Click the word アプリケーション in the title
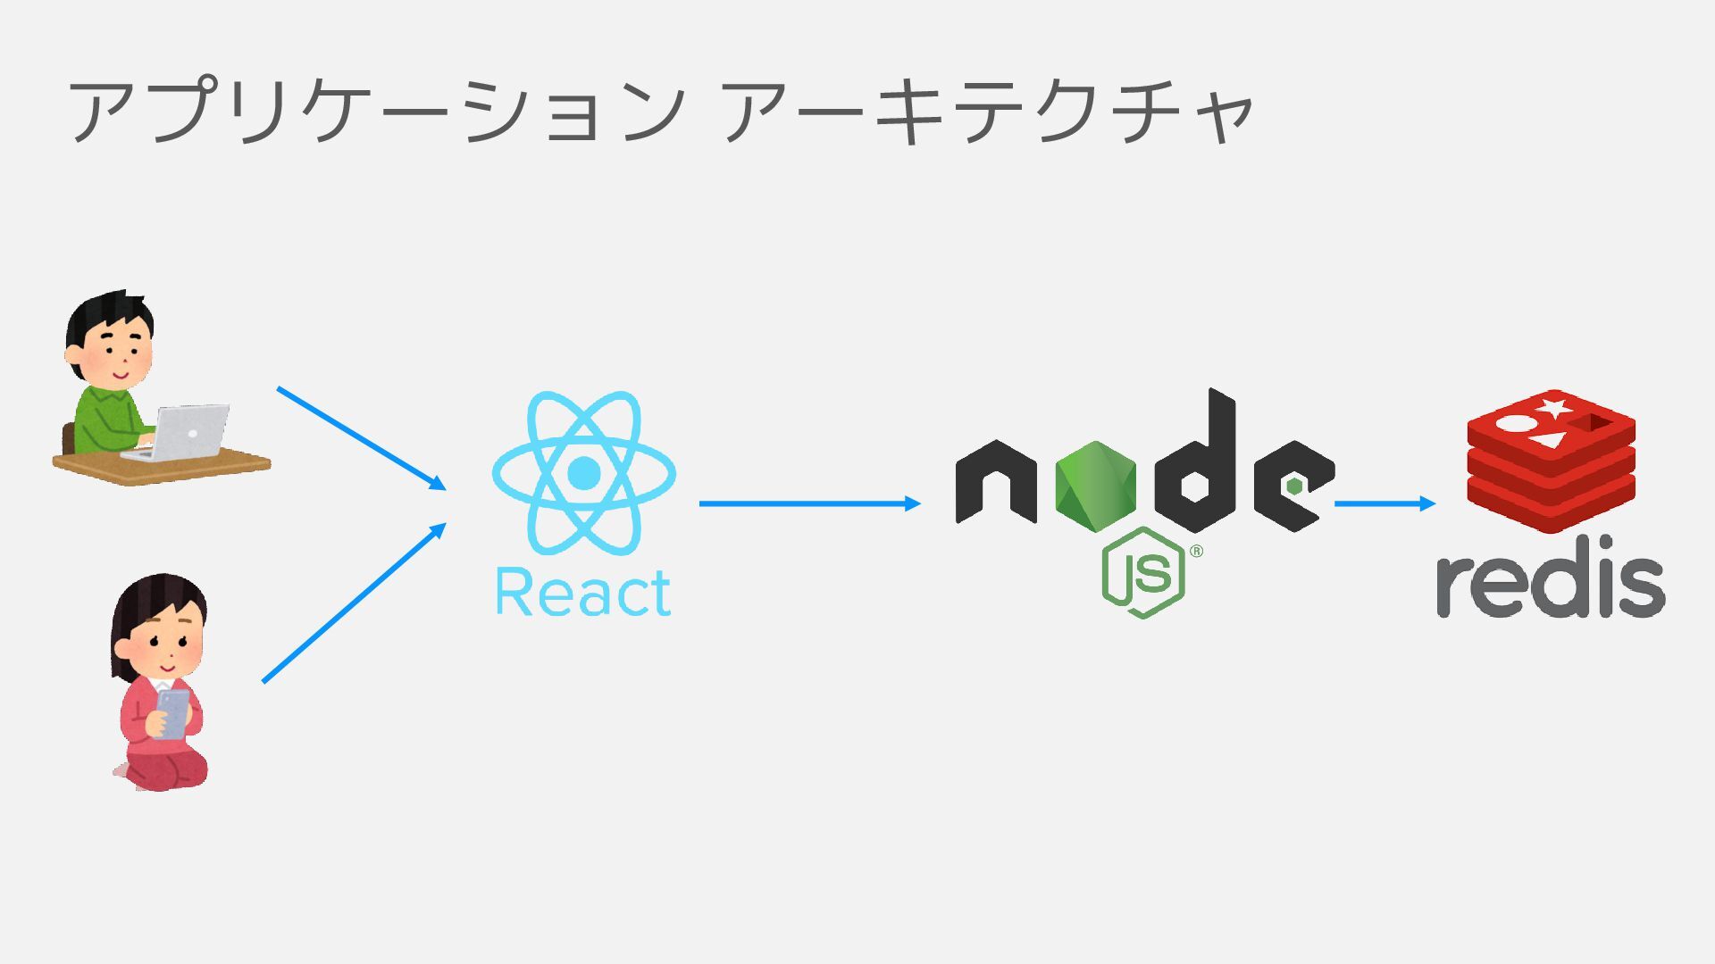click(x=375, y=112)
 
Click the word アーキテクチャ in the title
click(x=987, y=112)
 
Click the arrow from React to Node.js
click(x=808, y=503)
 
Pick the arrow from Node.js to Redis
click(x=1384, y=503)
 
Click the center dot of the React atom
click(x=583, y=473)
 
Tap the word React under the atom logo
click(x=582, y=593)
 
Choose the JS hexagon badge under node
click(x=1143, y=573)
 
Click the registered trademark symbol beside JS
click(x=1197, y=551)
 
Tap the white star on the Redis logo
click(x=1553, y=409)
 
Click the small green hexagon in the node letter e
click(x=1294, y=486)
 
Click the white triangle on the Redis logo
click(x=1550, y=439)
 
